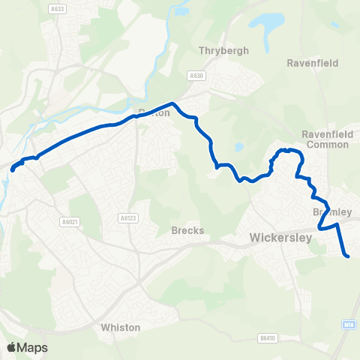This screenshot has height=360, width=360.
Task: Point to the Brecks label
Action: click(187, 230)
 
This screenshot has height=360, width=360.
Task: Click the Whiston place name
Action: click(120, 328)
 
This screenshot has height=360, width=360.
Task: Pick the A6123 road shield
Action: click(127, 217)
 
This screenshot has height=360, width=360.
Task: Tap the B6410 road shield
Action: click(267, 338)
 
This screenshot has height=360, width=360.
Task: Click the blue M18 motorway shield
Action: click(349, 324)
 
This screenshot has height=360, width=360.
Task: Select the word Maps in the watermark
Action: click(33, 347)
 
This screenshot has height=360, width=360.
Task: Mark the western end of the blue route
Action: click(12, 170)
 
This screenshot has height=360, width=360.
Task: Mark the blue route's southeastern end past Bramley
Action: click(348, 257)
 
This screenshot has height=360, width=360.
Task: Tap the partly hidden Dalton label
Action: click(154, 112)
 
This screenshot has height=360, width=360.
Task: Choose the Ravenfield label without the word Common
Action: click(313, 63)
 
